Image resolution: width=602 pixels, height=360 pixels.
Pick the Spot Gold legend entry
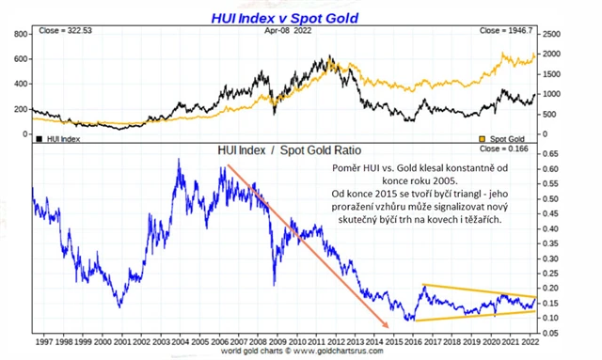(509, 138)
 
